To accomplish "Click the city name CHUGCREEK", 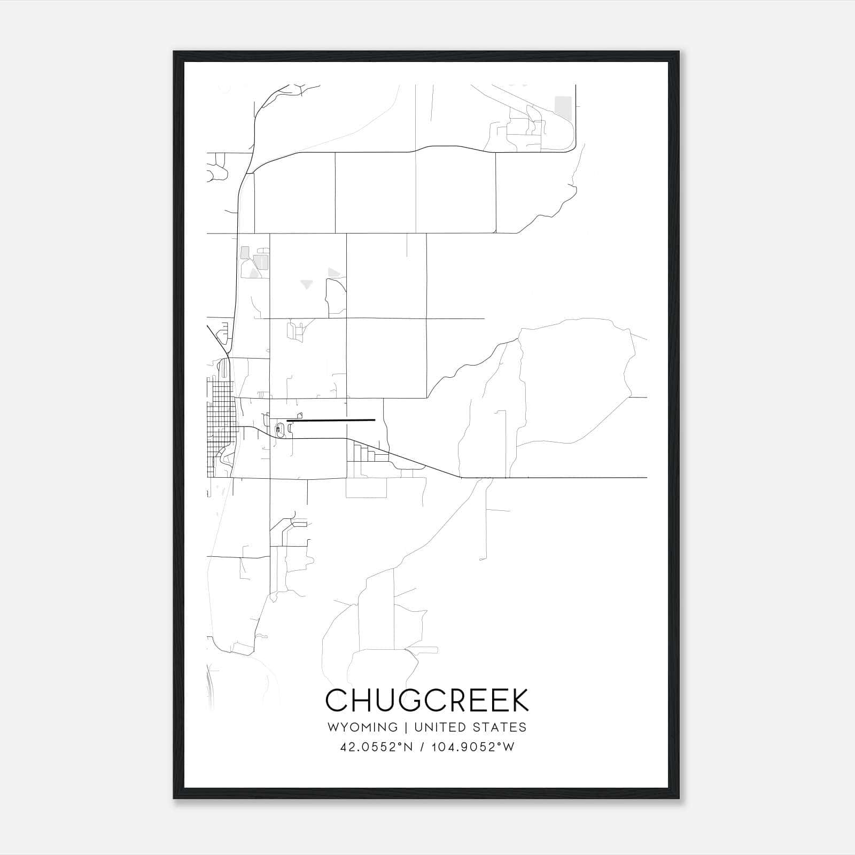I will pos(427,700).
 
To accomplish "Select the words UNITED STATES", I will pos(470,727).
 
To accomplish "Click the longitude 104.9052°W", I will pos(472,747).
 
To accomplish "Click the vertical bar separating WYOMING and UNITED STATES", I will pos(406,727).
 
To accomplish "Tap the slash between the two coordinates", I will pos(422,747).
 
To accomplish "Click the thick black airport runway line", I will pos(331,421).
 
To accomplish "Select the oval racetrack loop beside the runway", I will pos(279,429).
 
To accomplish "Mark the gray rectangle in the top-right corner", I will pos(563,106).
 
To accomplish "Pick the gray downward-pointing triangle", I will pos(306,284).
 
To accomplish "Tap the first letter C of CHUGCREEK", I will pos(337,700).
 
